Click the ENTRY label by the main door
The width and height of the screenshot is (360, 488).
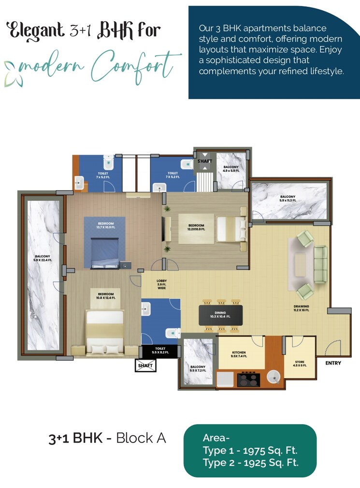333,363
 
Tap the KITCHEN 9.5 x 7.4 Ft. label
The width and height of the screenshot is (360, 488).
239,354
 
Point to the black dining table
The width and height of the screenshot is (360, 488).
221,315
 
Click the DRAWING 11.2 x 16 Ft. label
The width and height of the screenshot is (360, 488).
301,309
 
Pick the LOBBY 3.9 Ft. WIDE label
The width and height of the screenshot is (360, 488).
161,284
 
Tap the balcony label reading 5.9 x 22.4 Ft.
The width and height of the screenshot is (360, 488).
43,258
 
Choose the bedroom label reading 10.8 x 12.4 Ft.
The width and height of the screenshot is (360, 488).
105,296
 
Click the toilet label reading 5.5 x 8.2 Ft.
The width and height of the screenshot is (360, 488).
160,350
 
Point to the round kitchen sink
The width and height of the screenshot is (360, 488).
274,377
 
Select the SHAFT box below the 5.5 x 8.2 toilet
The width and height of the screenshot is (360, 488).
145,366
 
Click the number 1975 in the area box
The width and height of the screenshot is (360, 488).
257,451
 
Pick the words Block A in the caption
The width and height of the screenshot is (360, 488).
141,438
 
